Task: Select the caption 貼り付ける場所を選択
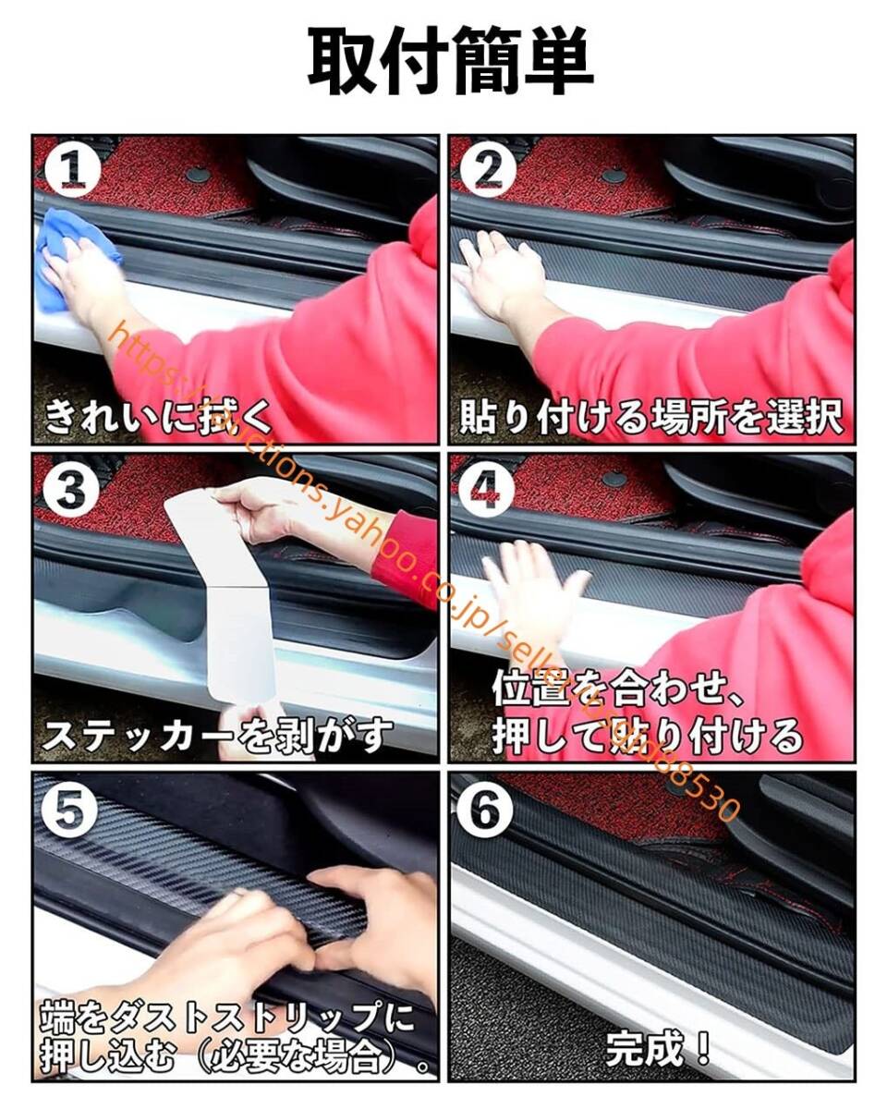click(651, 418)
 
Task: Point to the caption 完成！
click(659, 1049)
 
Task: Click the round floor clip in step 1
click(198, 174)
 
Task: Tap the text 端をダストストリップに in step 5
click(226, 1017)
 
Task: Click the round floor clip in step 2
click(614, 175)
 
